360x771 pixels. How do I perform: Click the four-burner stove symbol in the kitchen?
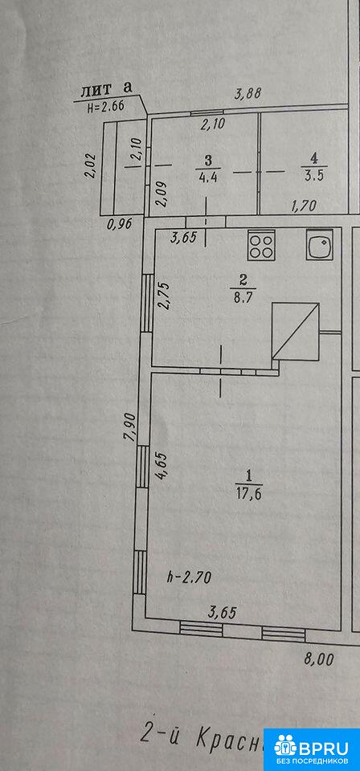260,246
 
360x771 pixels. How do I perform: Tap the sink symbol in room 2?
321,245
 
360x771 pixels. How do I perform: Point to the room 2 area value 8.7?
241,298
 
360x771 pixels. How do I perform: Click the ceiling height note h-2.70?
190,577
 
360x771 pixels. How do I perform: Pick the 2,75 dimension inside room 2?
165,295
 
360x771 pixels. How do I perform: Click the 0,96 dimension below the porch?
119,225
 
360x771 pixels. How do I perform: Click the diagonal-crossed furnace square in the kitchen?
296,331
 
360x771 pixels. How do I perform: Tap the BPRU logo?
312,749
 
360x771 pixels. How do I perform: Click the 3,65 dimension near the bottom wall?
223,613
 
